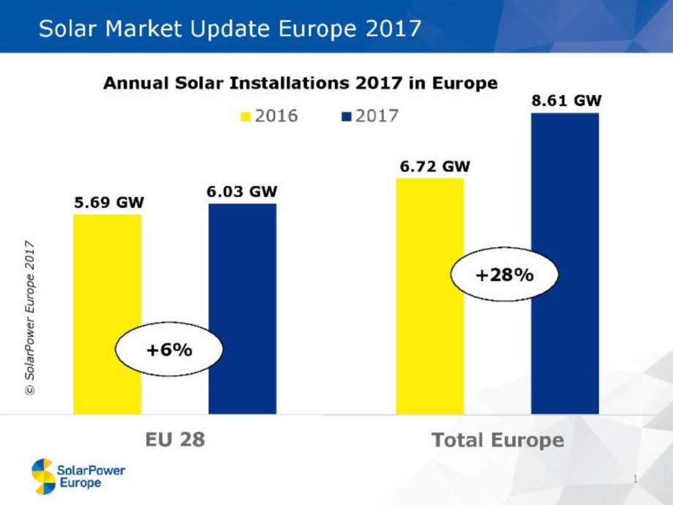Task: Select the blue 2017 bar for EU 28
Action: click(242, 307)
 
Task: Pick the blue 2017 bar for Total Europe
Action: click(565, 263)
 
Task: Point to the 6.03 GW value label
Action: click(242, 192)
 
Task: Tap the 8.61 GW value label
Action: click(566, 101)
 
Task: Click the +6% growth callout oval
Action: click(169, 350)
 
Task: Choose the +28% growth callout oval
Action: click(505, 276)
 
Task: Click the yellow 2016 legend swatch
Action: click(246, 116)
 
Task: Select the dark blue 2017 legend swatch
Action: click(346, 116)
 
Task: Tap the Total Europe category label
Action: click(498, 440)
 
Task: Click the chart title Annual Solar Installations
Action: click(300, 83)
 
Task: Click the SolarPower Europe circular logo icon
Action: click(42, 476)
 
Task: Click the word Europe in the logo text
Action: click(79, 484)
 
